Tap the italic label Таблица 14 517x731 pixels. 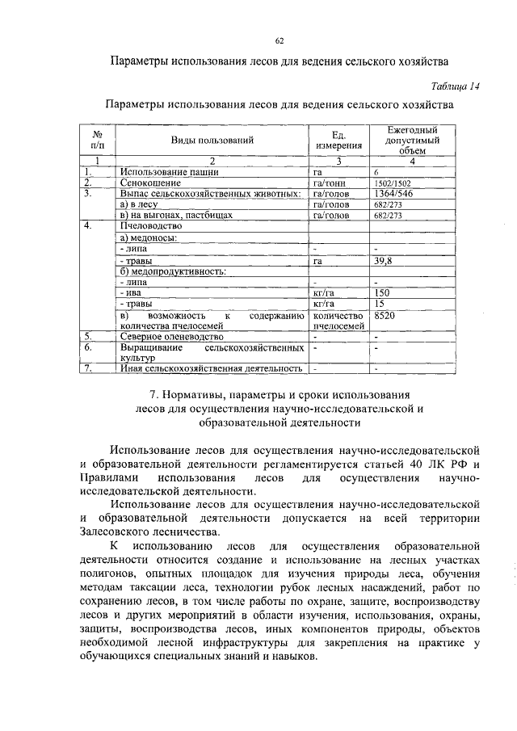coord(452,87)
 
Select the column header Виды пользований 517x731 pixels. coord(212,141)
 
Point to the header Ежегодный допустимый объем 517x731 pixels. coord(411,140)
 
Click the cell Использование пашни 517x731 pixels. coord(169,172)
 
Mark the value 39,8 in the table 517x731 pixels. coord(384,261)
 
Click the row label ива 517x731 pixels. coord(129,292)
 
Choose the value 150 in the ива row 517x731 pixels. coord(383,292)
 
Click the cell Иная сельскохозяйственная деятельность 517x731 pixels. coord(211,369)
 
